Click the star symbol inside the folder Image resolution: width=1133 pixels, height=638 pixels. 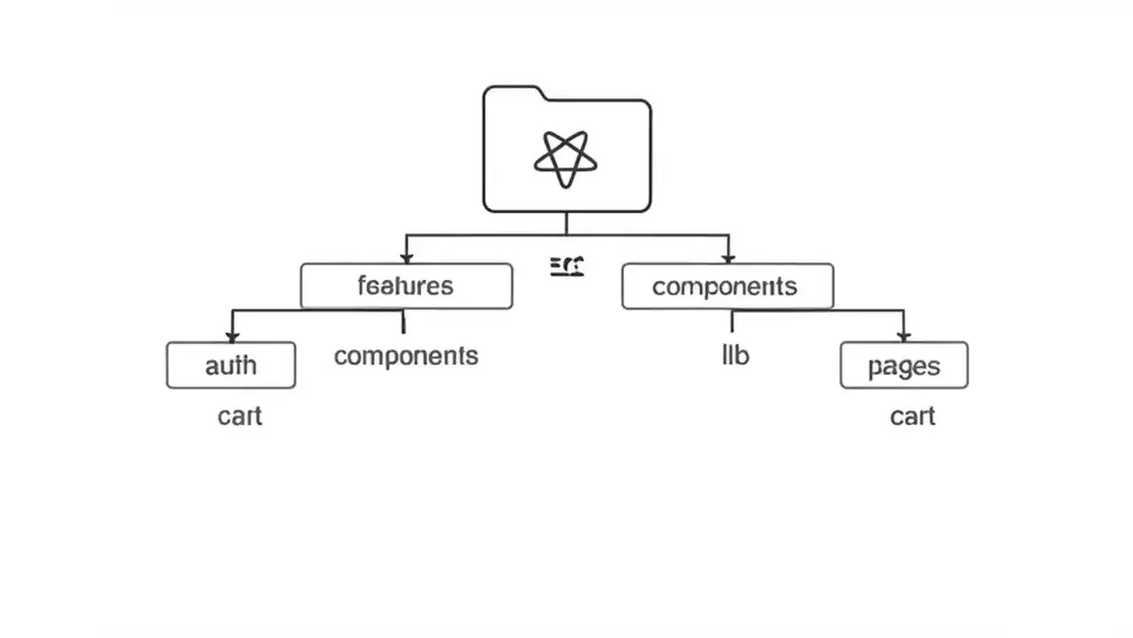[566, 159]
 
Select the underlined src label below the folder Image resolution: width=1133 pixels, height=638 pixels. [566, 265]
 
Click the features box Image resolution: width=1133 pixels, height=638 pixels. [406, 286]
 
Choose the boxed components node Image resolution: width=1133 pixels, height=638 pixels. [727, 286]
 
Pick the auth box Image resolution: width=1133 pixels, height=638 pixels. [231, 365]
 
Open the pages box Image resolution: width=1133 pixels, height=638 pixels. [904, 365]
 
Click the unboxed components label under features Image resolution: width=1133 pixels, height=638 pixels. [406, 355]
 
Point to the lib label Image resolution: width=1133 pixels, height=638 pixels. [736, 355]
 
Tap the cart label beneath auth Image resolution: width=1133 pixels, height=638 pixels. [240, 416]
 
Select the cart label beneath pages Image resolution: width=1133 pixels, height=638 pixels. [913, 416]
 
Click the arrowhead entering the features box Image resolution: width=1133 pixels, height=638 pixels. [406, 258]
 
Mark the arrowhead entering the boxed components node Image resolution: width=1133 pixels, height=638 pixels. [728, 258]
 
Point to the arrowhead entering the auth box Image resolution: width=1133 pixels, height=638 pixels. [232, 337]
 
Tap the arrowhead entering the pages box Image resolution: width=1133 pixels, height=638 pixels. [904, 337]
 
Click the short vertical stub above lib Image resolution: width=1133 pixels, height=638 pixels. [732, 321]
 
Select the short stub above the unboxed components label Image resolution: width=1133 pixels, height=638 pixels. [404, 323]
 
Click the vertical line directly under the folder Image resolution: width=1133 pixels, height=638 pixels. [566, 223]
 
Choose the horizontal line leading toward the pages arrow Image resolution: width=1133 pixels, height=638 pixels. [819, 310]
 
